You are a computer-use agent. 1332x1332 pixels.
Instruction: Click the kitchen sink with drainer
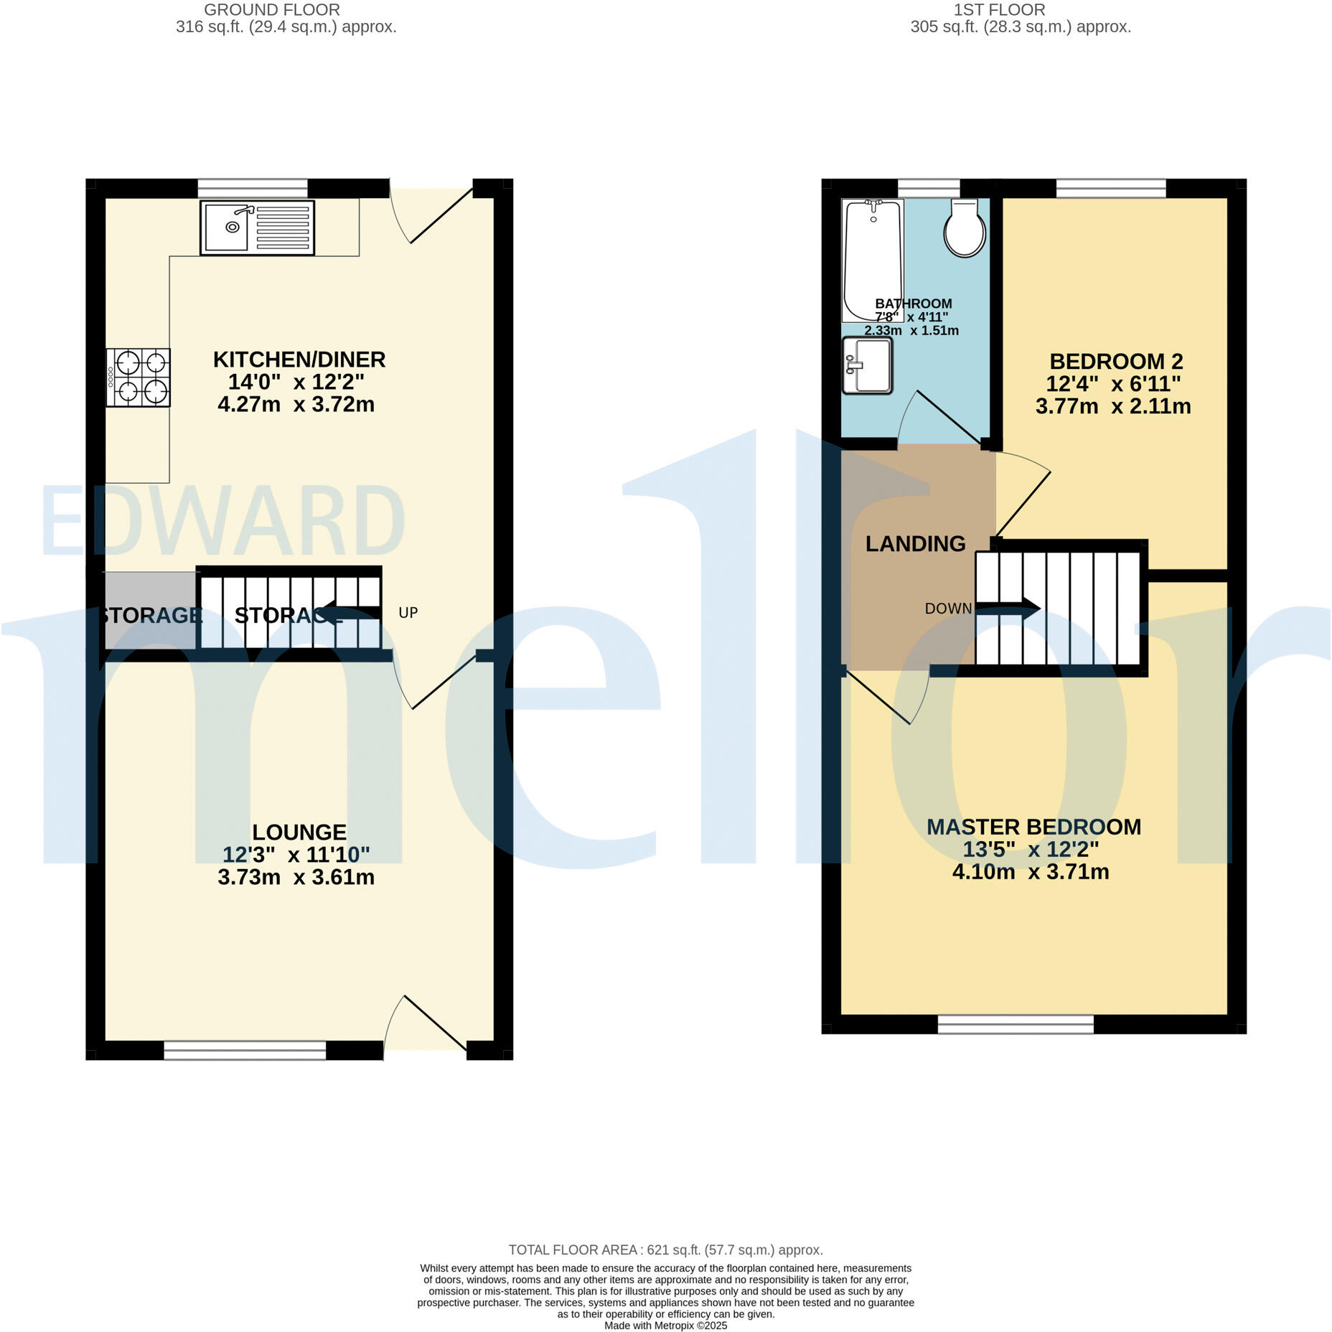257,228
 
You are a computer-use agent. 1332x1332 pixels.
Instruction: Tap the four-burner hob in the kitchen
139,377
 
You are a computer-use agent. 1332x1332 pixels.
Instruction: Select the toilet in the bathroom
964,228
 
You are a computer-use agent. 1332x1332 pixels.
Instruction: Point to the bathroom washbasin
867,366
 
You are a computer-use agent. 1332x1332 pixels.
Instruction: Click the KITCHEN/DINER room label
299,359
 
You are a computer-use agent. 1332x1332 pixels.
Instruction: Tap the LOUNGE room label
299,832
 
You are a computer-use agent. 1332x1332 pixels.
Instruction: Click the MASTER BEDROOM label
1033,827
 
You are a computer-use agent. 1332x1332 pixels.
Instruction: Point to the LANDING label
915,544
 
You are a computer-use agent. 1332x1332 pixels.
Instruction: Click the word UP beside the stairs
408,613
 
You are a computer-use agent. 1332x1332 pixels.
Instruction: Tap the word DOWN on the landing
948,609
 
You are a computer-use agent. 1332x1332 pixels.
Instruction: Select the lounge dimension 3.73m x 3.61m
296,877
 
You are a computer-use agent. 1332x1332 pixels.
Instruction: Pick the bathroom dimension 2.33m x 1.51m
911,331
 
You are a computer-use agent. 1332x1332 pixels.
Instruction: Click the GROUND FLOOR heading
272,10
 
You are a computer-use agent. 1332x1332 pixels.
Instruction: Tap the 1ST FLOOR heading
999,10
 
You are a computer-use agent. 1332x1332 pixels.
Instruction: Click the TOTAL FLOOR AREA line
665,1250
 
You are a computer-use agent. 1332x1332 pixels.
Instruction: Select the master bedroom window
1015,1024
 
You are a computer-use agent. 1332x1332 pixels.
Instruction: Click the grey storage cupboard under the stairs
149,611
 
